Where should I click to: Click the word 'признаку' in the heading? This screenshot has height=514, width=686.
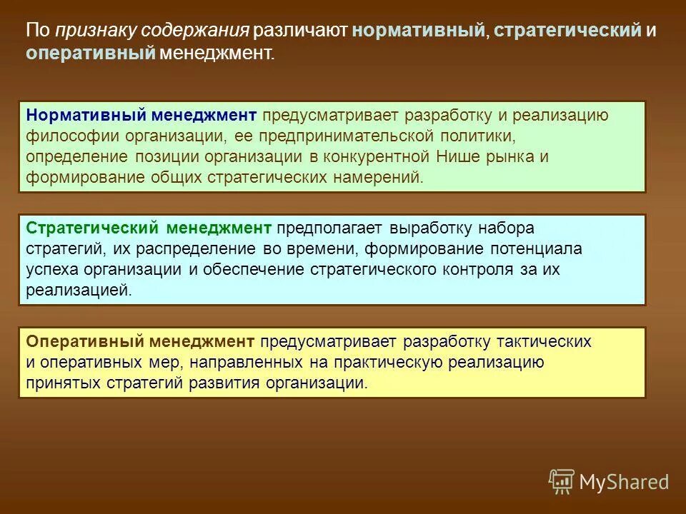click(x=95, y=31)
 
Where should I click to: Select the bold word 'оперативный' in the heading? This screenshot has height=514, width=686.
click(x=91, y=54)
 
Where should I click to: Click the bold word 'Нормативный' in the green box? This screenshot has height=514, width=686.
click(x=86, y=115)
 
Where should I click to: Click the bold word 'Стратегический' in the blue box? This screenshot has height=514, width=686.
click(x=93, y=228)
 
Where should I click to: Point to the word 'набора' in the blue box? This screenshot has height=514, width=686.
click(x=505, y=228)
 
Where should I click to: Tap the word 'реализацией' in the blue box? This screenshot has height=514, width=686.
click(x=79, y=291)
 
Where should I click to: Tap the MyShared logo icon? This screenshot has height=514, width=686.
click(x=562, y=481)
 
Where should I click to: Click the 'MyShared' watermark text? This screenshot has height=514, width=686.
click(x=624, y=482)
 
